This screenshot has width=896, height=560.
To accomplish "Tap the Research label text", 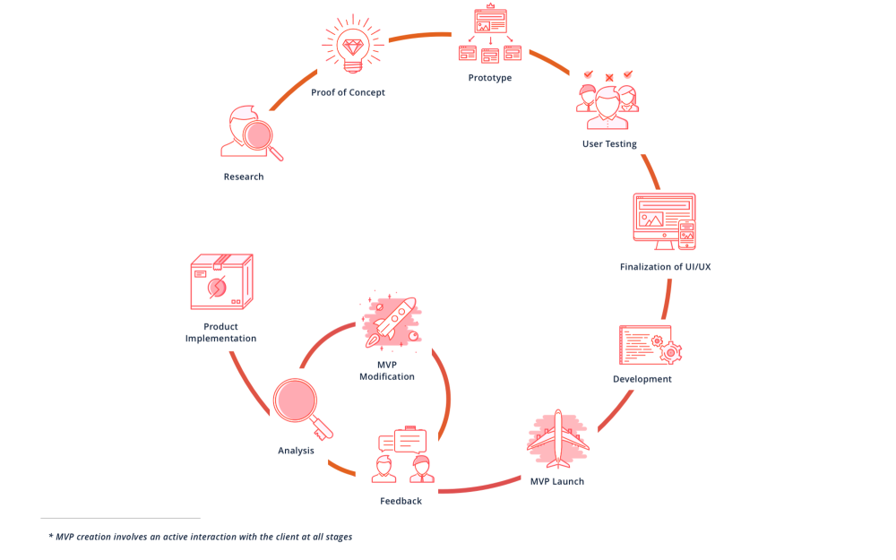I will (244, 177).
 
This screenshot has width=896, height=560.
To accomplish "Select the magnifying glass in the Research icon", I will (261, 137).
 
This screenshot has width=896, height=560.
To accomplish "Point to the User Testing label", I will (609, 143).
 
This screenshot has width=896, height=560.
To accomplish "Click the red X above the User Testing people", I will (609, 78).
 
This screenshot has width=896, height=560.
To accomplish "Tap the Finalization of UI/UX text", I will (665, 267).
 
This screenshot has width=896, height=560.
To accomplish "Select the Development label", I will (642, 379).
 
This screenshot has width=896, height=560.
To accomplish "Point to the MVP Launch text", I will (556, 481).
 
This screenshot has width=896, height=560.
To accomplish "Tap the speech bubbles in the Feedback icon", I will (402, 442).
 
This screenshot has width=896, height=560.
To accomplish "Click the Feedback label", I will (401, 501).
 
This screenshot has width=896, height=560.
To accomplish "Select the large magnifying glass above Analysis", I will (298, 402).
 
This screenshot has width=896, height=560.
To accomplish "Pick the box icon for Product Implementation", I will (220, 282).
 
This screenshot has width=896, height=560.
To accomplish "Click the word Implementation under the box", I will (220, 339).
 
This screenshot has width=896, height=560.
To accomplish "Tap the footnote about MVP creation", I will (200, 537).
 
